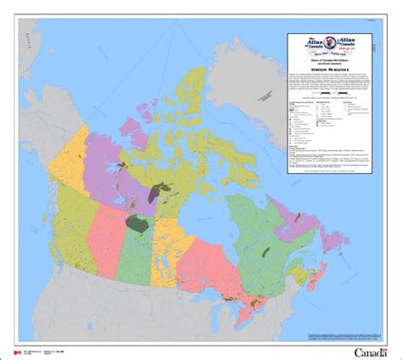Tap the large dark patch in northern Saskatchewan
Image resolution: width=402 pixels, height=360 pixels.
click(136, 224)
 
